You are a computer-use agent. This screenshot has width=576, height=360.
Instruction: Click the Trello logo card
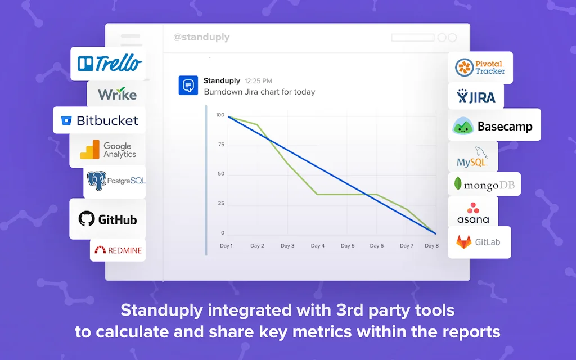click(109, 64)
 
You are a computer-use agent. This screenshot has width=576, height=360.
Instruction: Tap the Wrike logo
click(116, 94)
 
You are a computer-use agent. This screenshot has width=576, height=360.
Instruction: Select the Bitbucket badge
click(99, 120)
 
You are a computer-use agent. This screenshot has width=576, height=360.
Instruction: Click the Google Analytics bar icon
click(89, 150)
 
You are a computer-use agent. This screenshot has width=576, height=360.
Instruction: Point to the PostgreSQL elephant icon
click(97, 181)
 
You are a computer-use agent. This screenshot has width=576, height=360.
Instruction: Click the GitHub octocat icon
click(87, 219)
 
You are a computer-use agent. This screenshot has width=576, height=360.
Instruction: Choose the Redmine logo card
click(118, 250)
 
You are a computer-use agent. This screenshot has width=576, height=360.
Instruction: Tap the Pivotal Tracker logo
click(480, 67)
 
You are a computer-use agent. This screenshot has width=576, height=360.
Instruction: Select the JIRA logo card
click(476, 96)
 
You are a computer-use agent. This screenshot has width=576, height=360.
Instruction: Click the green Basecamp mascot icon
click(463, 126)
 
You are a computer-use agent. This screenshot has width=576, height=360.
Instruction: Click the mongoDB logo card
click(484, 184)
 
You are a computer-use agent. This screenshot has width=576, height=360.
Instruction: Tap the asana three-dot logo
click(473, 208)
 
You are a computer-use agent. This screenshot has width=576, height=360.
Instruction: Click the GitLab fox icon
click(464, 242)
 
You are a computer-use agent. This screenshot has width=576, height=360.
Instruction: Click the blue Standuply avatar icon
click(188, 85)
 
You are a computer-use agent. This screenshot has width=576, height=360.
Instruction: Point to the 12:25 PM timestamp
click(258, 81)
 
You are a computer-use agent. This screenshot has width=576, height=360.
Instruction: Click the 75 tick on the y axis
click(221, 145)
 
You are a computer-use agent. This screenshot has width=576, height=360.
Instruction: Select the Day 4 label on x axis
click(318, 246)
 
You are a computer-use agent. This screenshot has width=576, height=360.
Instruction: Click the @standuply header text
click(201, 38)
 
